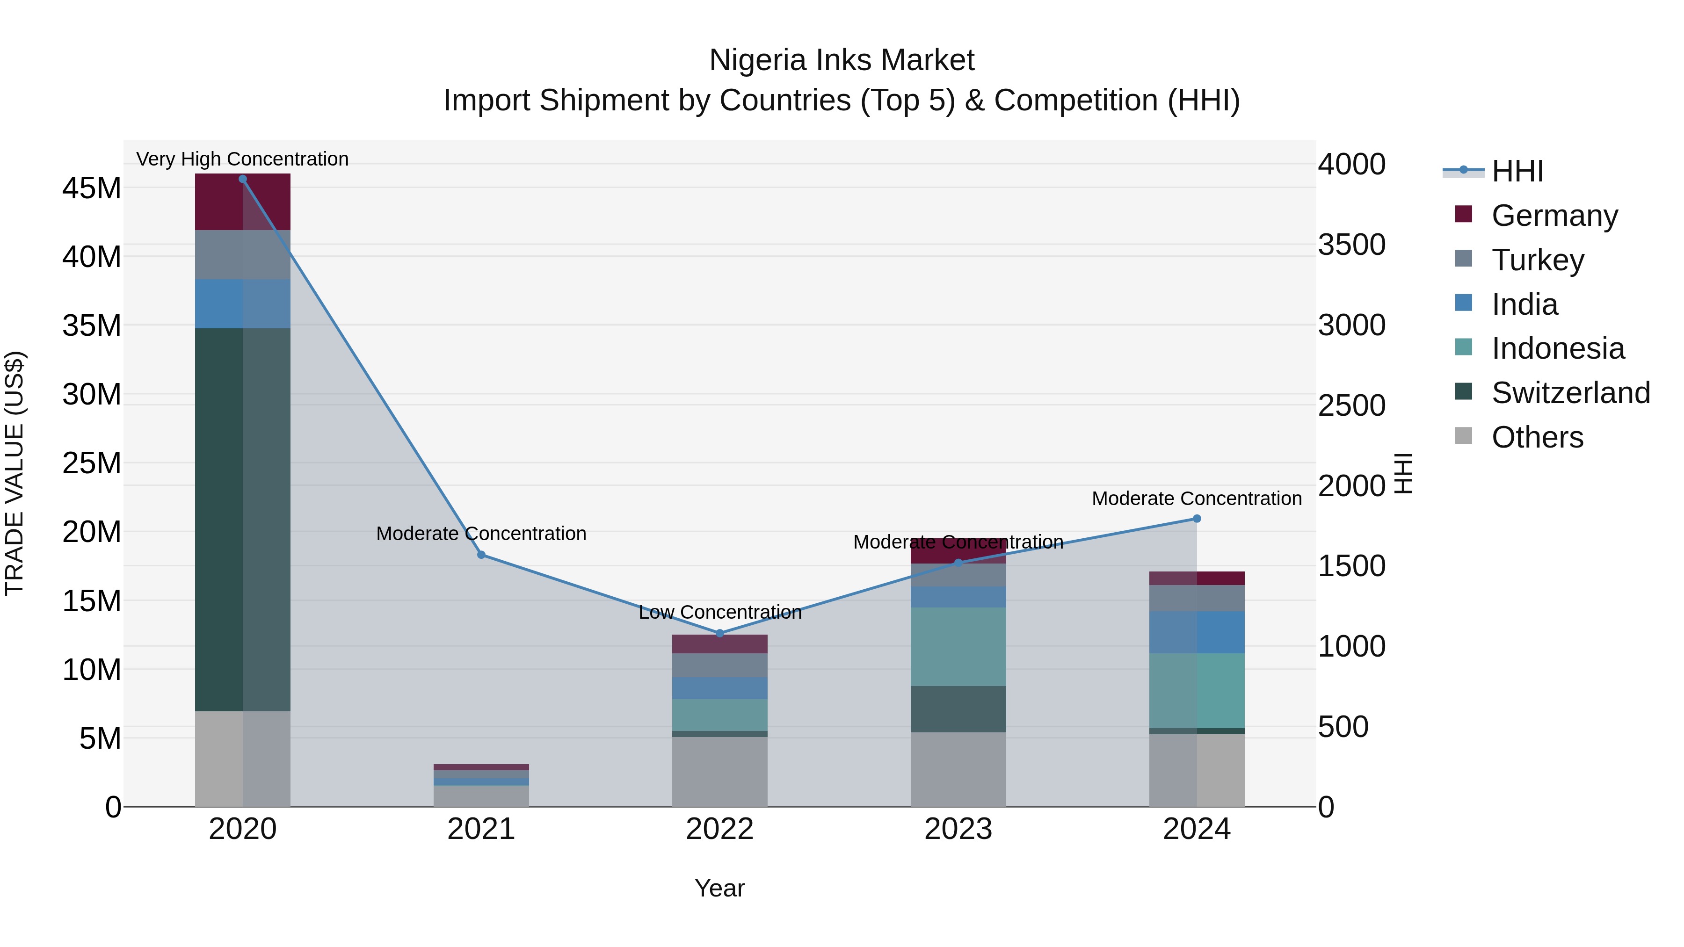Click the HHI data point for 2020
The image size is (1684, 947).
click(x=242, y=179)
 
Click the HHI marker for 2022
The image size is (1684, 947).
click(x=720, y=633)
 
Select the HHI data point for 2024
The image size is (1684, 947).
click(x=1197, y=519)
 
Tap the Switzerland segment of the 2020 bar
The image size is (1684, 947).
click(x=242, y=520)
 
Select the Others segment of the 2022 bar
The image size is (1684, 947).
click(x=720, y=771)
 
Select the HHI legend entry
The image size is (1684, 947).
click(x=1517, y=171)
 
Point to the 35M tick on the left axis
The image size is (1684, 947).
click(x=92, y=325)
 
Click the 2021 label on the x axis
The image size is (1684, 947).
click(x=481, y=829)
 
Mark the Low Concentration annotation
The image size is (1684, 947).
click(x=720, y=612)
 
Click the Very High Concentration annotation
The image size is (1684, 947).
click(x=242, y=159)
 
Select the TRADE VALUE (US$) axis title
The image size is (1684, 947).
click(x=15, y=473)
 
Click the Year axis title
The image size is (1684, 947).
click(x=720, y=888)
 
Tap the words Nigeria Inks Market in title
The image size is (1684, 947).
click(x=842, y=60)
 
